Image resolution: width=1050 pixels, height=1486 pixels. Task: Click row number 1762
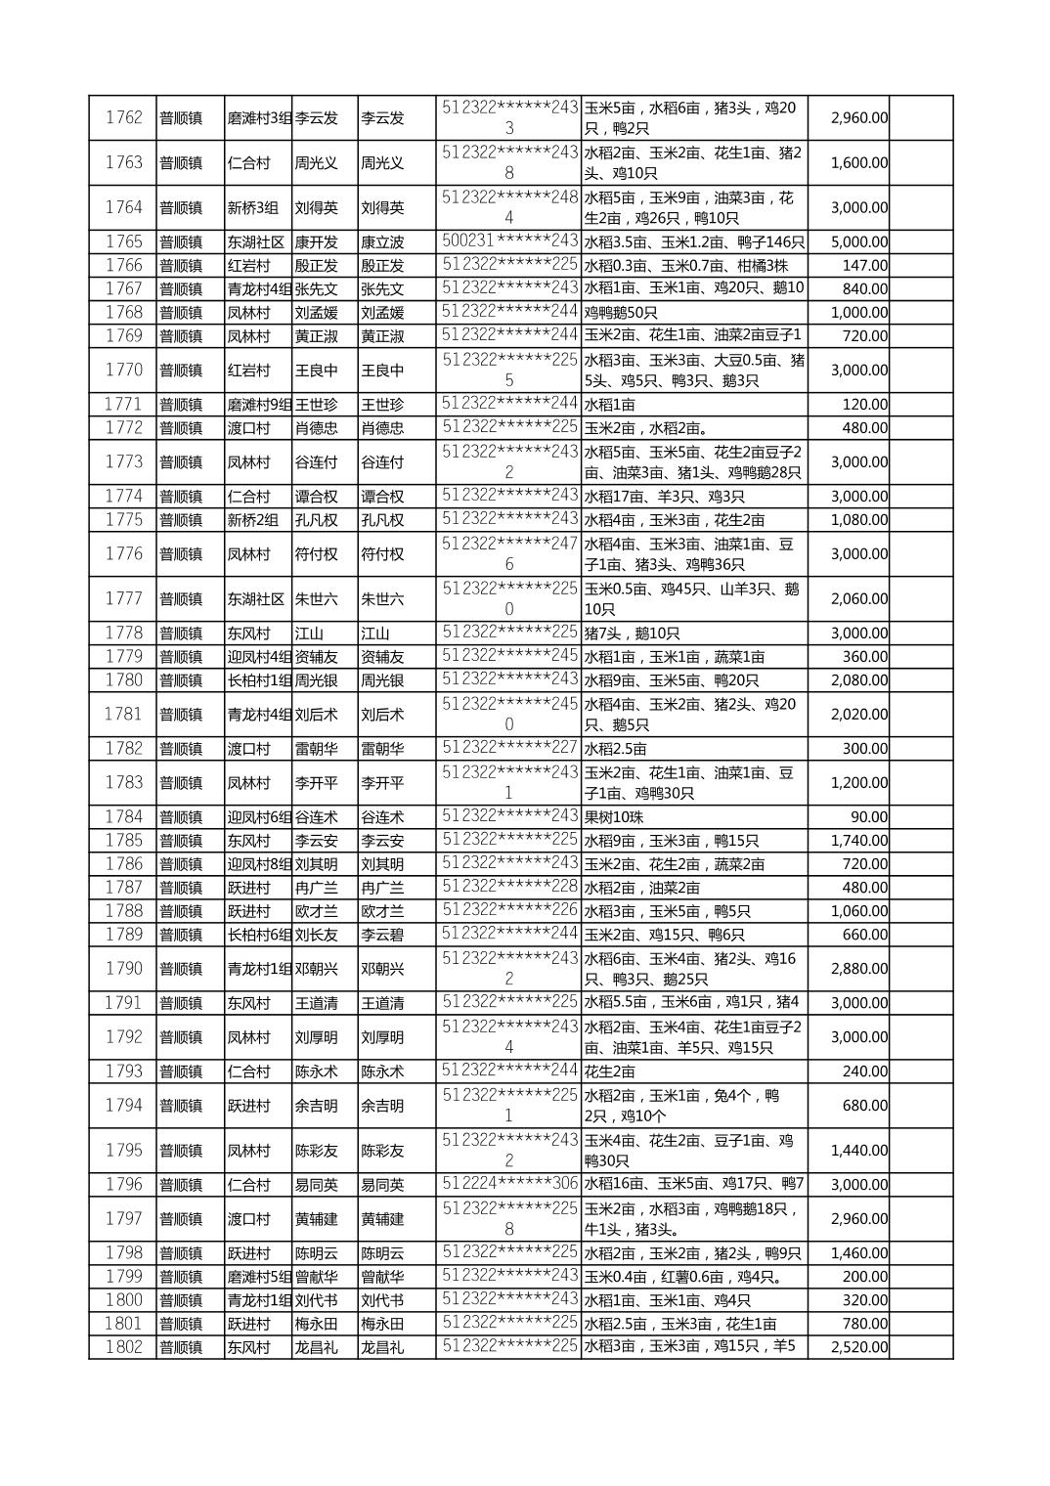123,118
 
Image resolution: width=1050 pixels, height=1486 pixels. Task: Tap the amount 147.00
864,266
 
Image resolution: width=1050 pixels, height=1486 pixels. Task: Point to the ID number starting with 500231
509,241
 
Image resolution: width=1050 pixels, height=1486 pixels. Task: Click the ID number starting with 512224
509,1185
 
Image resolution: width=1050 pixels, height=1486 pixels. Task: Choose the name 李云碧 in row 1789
382,936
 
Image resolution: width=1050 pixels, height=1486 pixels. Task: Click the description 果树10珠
614,817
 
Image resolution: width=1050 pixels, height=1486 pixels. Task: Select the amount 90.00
868,817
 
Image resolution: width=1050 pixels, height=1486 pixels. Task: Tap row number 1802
123,1347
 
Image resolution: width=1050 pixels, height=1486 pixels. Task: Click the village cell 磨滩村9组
259,405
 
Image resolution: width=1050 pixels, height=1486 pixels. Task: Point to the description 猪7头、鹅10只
633,634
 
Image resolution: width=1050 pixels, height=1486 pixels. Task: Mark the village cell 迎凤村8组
259,864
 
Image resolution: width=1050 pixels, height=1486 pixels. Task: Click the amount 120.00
864,405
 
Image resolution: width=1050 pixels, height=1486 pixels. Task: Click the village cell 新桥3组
253,208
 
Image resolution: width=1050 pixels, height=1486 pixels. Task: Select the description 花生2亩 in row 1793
609,1071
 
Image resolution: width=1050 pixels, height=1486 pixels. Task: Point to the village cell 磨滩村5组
259,1277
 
